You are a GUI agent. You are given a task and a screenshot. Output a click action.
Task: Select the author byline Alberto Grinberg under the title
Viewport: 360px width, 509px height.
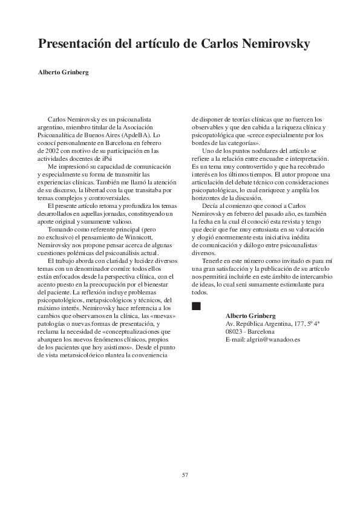63,73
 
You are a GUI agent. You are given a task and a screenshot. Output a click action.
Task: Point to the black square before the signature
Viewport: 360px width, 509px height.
195,306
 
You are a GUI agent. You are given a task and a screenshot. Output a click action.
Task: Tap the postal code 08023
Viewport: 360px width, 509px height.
234,332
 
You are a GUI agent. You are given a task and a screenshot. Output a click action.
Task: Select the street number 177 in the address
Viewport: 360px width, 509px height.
298,324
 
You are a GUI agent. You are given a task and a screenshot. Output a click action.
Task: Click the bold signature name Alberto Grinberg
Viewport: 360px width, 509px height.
250,316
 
